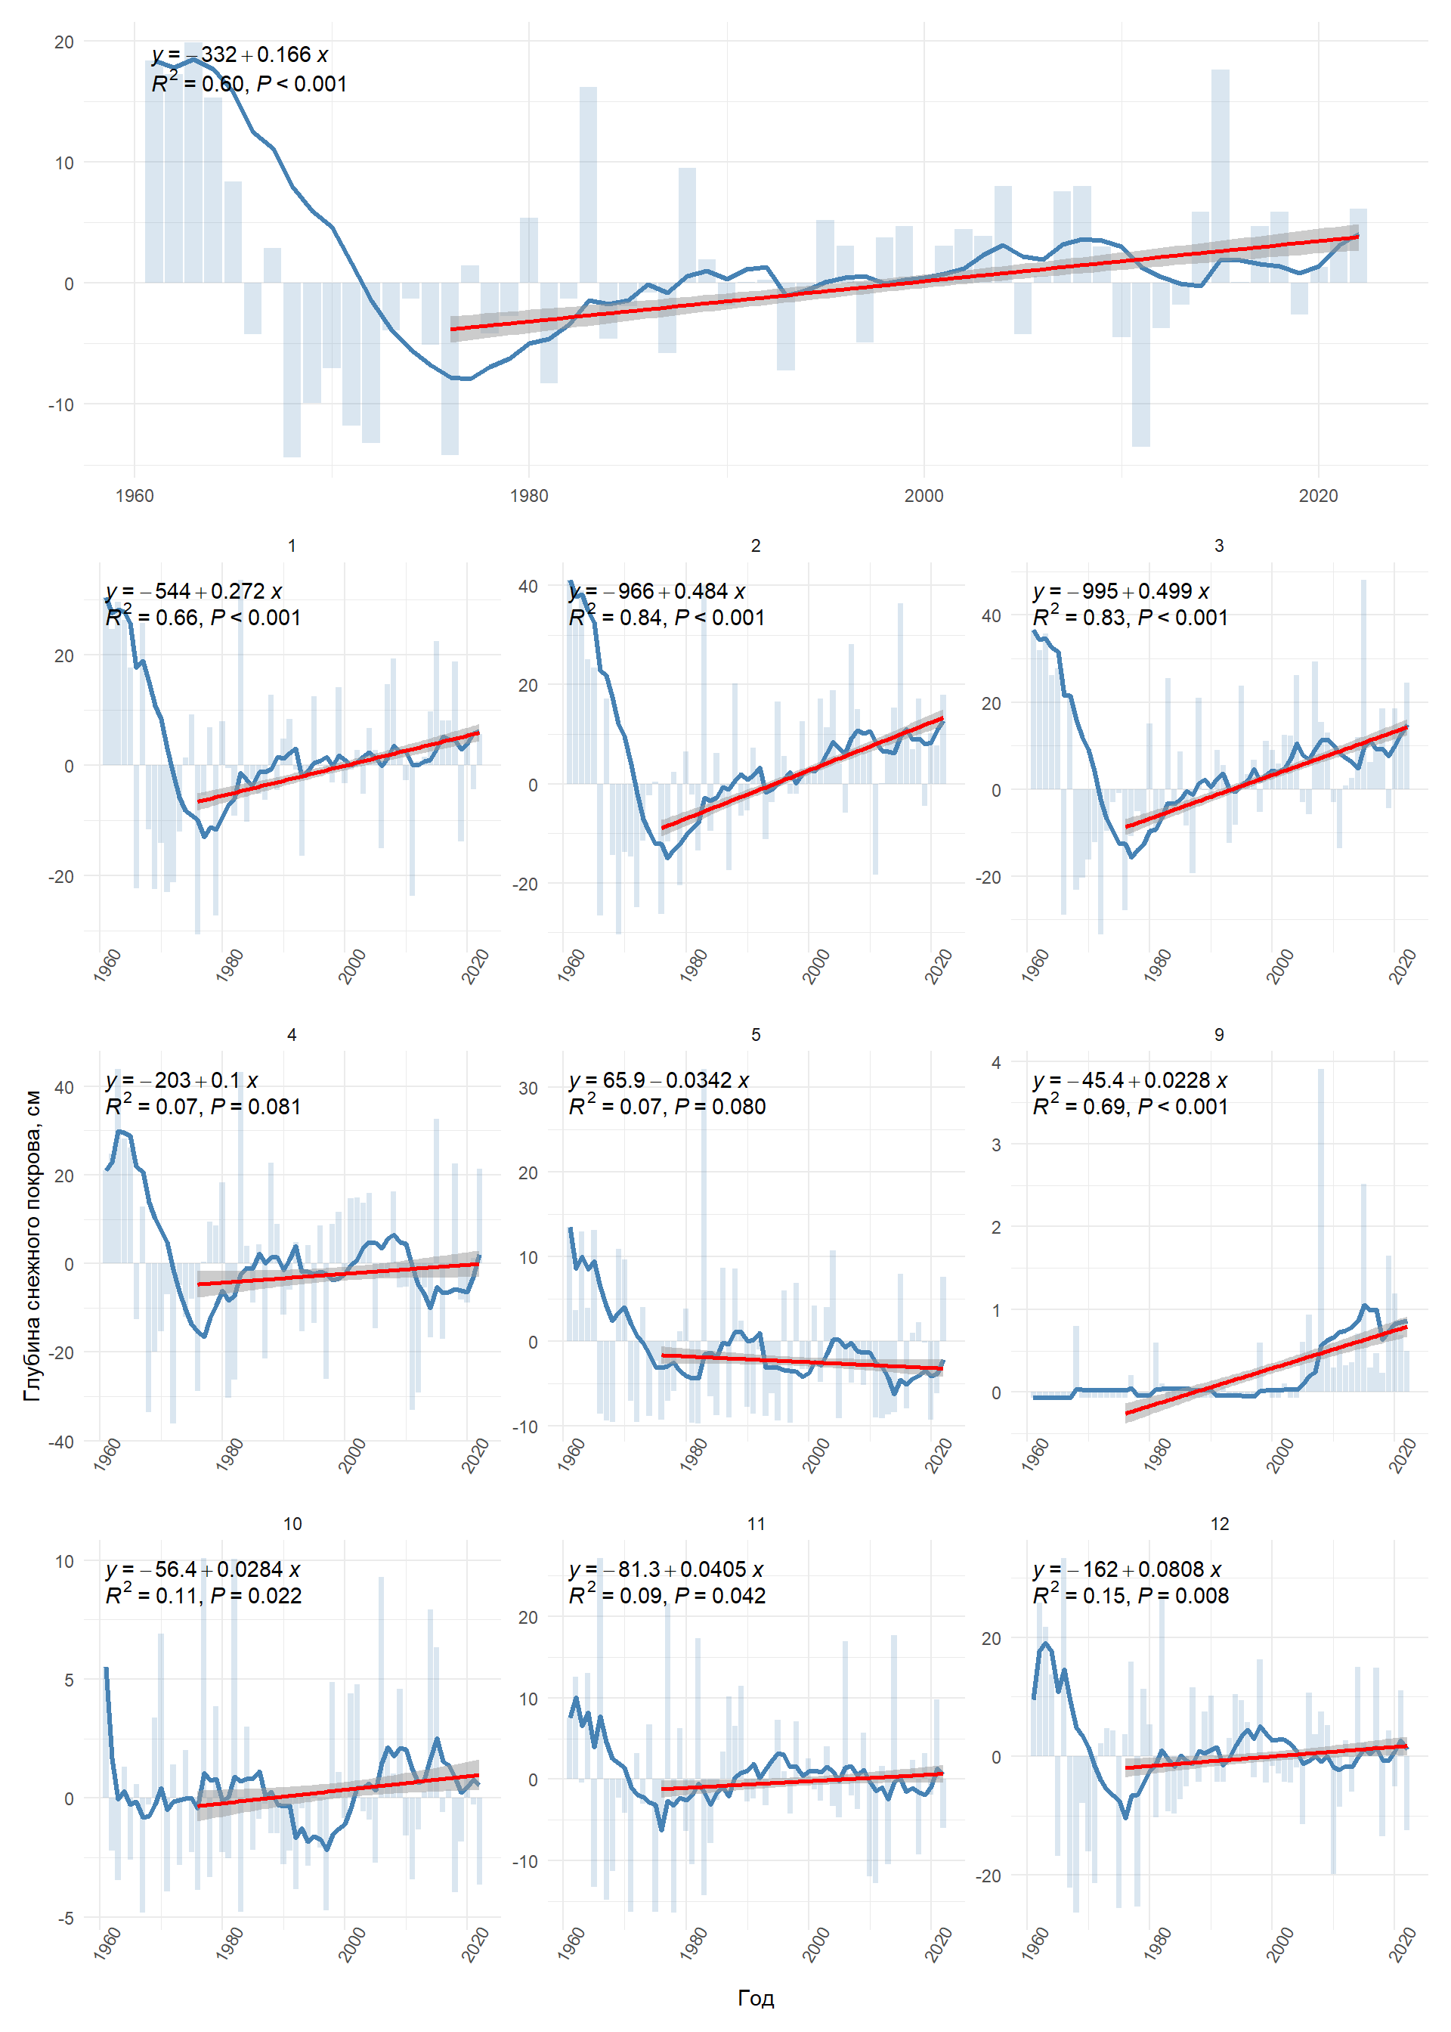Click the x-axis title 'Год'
(x=755, y=1998)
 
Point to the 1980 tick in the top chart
(x=529, y=496)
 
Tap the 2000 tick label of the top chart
(x=923, y=496)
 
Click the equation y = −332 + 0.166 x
(x=240, y=55)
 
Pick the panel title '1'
(x=292, y=545)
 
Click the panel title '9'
(x=1219, y=1034)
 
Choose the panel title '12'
(x=1220, y=1523)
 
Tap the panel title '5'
(x=756, y=1034)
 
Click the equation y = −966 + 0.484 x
(x=657, y=592)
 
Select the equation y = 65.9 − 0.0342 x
(x=658, y=1080)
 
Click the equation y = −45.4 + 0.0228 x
(x=1129, y=1080)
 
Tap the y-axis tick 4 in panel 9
(x=996, y=1062)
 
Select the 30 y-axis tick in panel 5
(x=528, y=1089)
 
